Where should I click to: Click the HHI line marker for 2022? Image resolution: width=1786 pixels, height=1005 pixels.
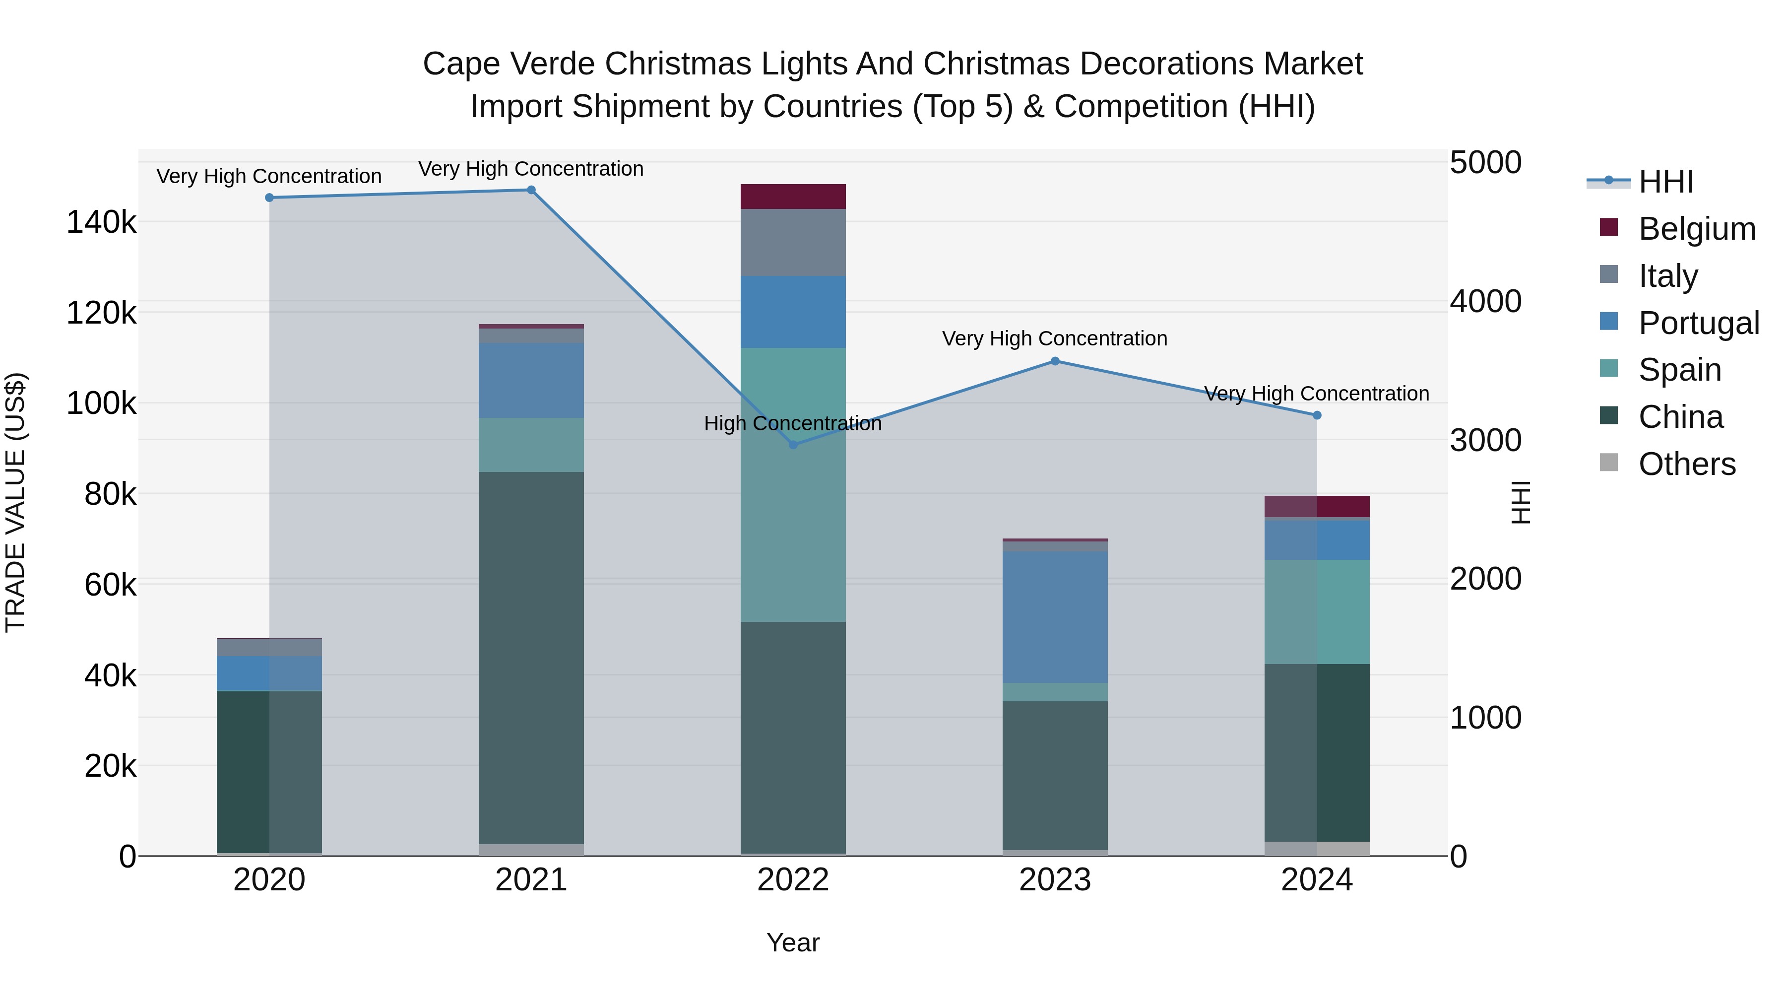(x=793, y=445)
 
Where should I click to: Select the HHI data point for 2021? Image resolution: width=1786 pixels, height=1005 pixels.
(x=531, y=190)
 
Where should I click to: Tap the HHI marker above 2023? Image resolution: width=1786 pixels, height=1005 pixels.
(x=1055, y=361)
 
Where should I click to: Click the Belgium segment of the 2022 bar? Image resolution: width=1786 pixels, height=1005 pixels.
(x=793, y=196)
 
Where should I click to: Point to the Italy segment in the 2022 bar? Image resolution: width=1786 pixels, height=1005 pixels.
(x=793, y=242)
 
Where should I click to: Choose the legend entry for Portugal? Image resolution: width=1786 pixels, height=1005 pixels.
(x=1698, y=323)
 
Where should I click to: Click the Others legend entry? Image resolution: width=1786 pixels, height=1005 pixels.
(x=1686, y=464)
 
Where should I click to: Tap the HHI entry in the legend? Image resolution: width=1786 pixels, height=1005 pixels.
(x=1665, y=182)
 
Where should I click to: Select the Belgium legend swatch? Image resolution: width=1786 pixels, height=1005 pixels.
(x=1608, y=227)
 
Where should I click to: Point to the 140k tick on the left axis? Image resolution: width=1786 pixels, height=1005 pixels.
(x=101, y=223)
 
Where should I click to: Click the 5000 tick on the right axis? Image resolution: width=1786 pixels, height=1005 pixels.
(x=1485, y=162)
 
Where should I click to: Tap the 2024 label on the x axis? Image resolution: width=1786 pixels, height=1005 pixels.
(x=1317, y=880)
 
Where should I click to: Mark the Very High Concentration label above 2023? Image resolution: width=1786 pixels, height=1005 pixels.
(x=1055, y=338)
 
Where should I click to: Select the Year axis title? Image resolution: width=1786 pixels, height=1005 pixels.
(x=793, y=942)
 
